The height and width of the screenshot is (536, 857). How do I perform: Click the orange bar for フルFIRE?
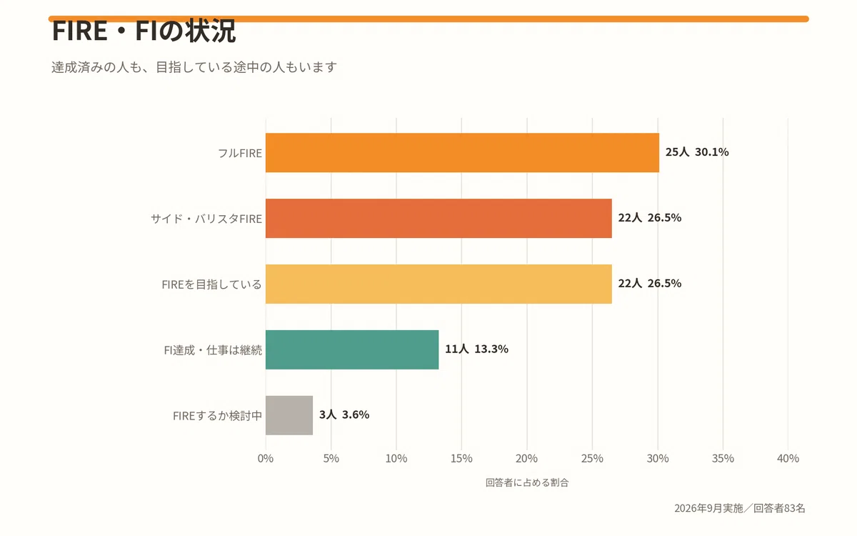462,153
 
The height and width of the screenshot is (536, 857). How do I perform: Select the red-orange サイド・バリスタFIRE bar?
438,218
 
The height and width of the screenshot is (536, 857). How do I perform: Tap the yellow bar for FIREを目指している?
438,284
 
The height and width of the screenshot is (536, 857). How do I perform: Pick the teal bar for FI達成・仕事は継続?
352,349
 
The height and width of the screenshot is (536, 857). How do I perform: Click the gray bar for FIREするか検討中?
289,415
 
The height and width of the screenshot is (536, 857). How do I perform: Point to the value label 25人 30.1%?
697,152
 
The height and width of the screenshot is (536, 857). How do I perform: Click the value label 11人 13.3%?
477,349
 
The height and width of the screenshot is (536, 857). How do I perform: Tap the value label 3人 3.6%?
344,415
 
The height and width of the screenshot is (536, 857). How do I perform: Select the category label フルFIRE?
240,153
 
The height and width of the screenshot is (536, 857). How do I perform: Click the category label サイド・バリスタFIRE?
206,219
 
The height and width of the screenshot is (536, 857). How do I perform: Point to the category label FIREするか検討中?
217,416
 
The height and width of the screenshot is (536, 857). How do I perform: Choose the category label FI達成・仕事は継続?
213,350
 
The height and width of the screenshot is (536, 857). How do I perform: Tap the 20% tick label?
527,458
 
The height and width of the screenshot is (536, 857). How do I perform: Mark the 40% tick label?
788,458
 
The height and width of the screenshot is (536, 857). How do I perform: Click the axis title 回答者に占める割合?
527,482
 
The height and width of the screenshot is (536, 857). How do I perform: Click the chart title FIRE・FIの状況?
144,31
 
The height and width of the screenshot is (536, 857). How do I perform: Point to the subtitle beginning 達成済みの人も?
194,67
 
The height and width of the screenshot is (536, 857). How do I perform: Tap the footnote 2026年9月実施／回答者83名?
740,508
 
